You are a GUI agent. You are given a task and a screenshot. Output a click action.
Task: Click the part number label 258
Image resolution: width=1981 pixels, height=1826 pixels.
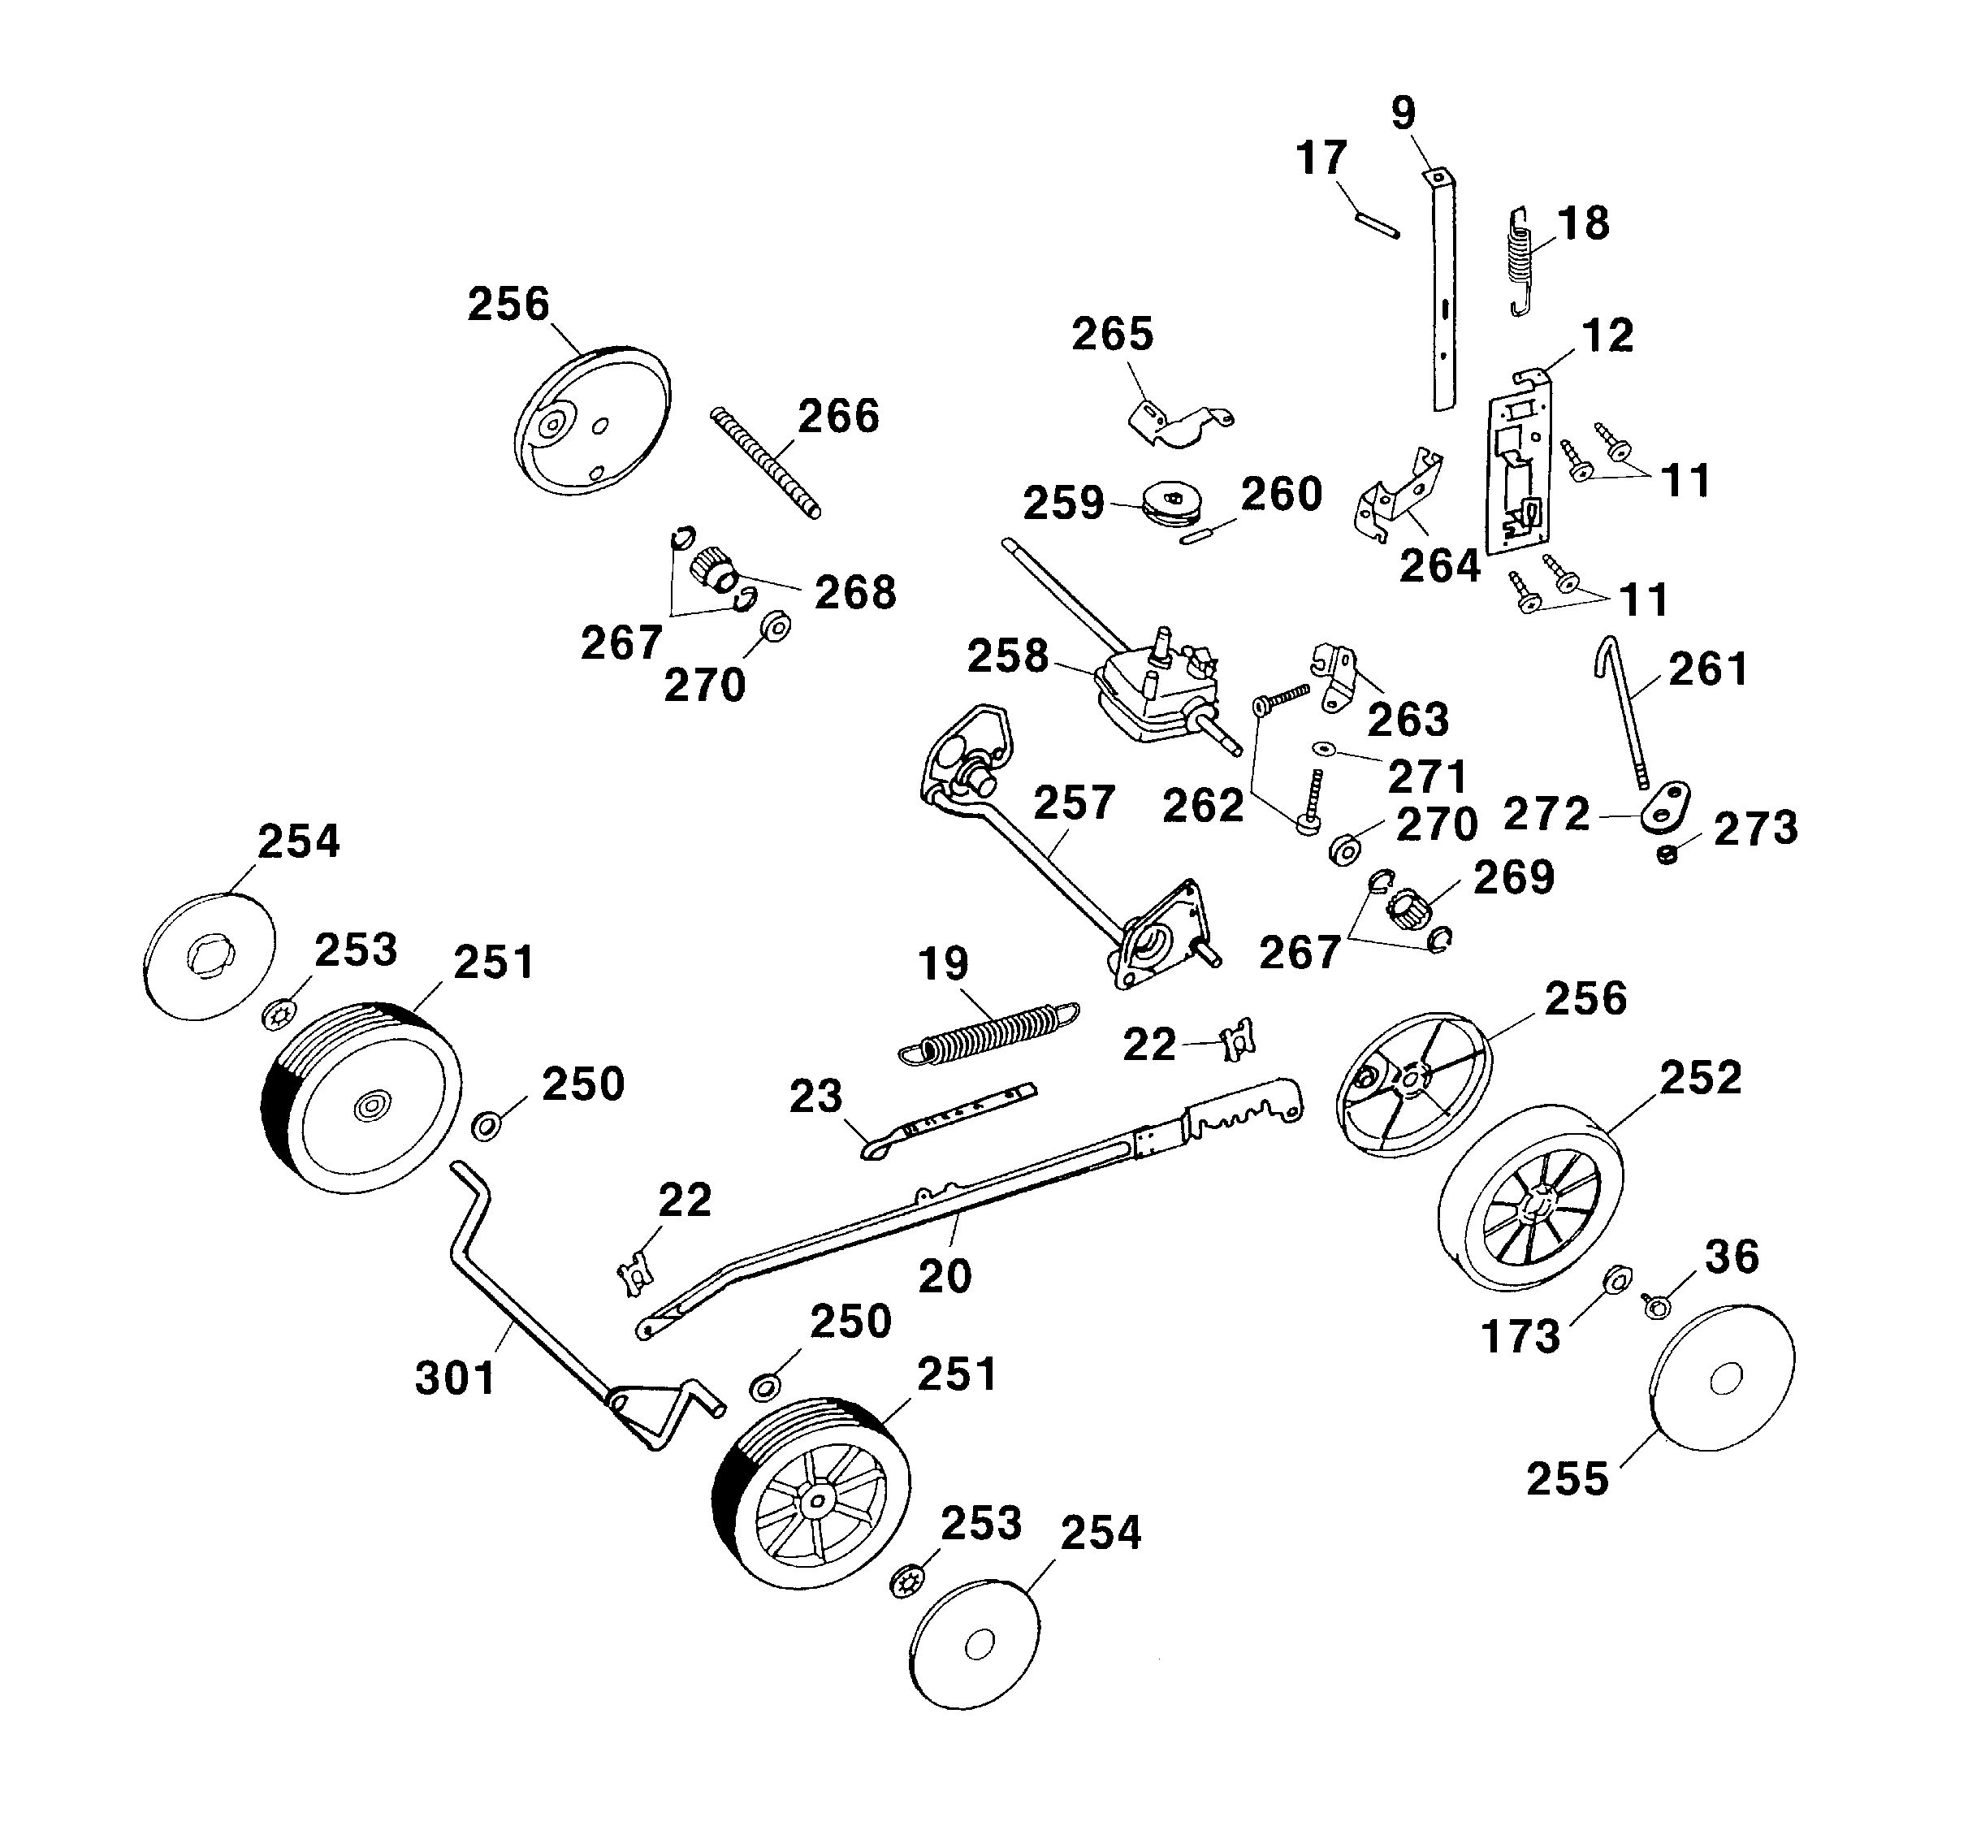tap(1007, 656)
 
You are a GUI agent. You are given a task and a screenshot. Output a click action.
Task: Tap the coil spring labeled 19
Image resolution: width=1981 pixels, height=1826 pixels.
tap(988, 1033)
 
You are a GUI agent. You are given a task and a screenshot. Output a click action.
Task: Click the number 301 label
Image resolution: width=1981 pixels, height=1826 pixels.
tap(456, 1378)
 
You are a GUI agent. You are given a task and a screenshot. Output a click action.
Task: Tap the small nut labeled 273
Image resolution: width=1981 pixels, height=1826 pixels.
tap(1667, 854)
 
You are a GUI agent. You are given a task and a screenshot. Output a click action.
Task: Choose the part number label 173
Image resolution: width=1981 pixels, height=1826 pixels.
tap(1520, 1337)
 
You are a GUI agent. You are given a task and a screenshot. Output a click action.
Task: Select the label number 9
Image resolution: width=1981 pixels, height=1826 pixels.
tap(1403, 114)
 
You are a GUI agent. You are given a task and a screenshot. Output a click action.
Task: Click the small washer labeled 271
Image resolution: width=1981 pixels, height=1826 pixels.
tap(1322, 748)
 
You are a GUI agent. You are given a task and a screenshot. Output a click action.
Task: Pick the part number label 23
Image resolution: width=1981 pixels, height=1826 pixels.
tap(815, 1096)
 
